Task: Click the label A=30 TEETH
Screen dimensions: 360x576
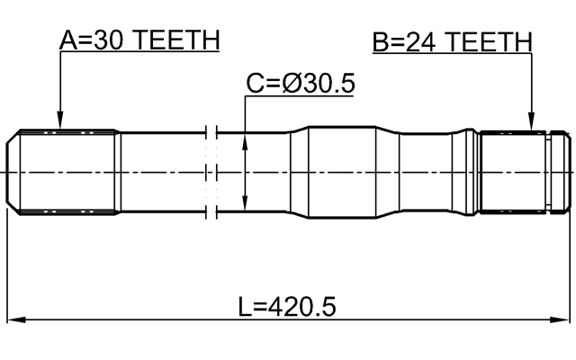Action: pos(139,40)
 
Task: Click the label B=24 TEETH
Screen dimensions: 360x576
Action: pos(452,41)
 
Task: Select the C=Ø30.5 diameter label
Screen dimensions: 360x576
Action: pos(301,84)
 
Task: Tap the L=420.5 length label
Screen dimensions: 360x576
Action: pos(287,307)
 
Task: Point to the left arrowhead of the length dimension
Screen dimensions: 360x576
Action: pos(16,319)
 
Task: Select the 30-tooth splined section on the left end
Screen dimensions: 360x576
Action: pos(67,171)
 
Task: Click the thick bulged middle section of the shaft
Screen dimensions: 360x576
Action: pos(351,171)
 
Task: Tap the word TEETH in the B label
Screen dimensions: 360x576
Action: pos(490,41)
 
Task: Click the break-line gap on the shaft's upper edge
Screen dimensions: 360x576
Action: pos(211,131)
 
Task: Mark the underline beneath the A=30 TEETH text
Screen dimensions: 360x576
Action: pos(139,52)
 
